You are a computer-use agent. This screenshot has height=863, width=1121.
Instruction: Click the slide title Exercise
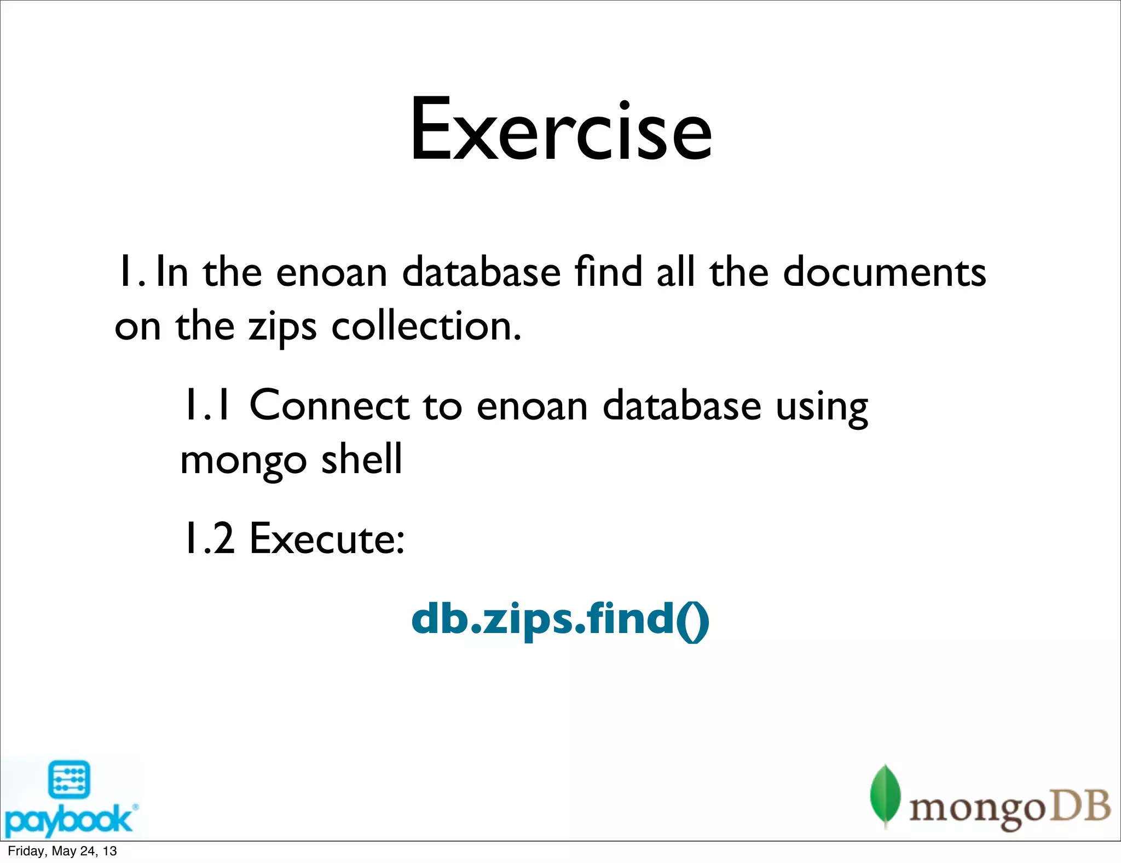click(x=561, y=130)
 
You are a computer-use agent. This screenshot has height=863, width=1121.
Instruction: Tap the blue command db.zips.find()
click(x=560, y=619)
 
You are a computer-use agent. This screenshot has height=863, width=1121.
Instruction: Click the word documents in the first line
click(x=885, y=272)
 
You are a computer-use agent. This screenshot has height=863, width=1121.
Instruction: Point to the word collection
click(x=426, y=326)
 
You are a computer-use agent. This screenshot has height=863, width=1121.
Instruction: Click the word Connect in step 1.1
click(x=329, y=406)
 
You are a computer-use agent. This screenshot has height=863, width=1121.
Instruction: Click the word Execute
click(x=327, y=539)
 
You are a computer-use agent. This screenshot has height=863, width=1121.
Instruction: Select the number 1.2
click(x=209, y=539)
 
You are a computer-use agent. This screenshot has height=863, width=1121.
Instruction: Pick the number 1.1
click(x=207, y=406)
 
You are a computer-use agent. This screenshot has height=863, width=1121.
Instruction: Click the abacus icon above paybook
click(x=69, y=780)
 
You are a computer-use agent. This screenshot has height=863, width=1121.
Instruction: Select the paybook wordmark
click(x=68, y=820)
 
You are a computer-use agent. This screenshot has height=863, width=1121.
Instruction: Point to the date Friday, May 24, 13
click(x=62, y=851)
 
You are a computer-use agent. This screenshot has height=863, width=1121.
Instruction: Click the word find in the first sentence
click(x=608, y=272)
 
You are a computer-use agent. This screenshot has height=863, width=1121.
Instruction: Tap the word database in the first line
click(x=481, y=272)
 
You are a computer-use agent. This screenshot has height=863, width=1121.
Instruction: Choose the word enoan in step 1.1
click(x=532, y=407)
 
